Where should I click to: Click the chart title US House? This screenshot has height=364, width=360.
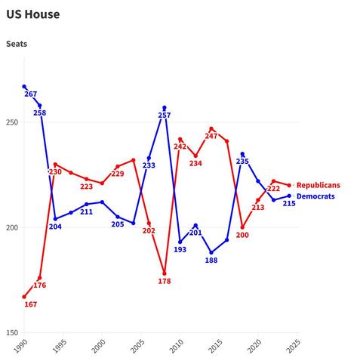tap(32, 14)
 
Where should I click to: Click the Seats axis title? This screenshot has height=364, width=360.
tap(17, 44)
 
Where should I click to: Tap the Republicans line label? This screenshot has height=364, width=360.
tap(318, 185)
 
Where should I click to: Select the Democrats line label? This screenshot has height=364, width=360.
tap(315, 196)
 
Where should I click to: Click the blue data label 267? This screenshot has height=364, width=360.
tap(31, 94)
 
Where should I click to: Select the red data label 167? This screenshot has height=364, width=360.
tap(31, 304)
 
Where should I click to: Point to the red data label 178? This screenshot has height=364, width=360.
tap(165, 281)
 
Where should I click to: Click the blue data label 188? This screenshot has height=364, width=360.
tap(211, 261)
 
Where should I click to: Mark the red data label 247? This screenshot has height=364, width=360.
tap(211, 137)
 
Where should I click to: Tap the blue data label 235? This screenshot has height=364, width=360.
tap(242, 162)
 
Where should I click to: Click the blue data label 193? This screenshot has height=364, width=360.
tap(180, 250)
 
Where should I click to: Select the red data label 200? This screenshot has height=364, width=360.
tap(242, 235)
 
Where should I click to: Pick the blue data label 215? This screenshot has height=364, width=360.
tap(289, 203)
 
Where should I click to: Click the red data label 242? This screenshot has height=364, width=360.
tap(180, 147)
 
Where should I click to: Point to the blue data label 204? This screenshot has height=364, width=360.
tap(55, 227)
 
